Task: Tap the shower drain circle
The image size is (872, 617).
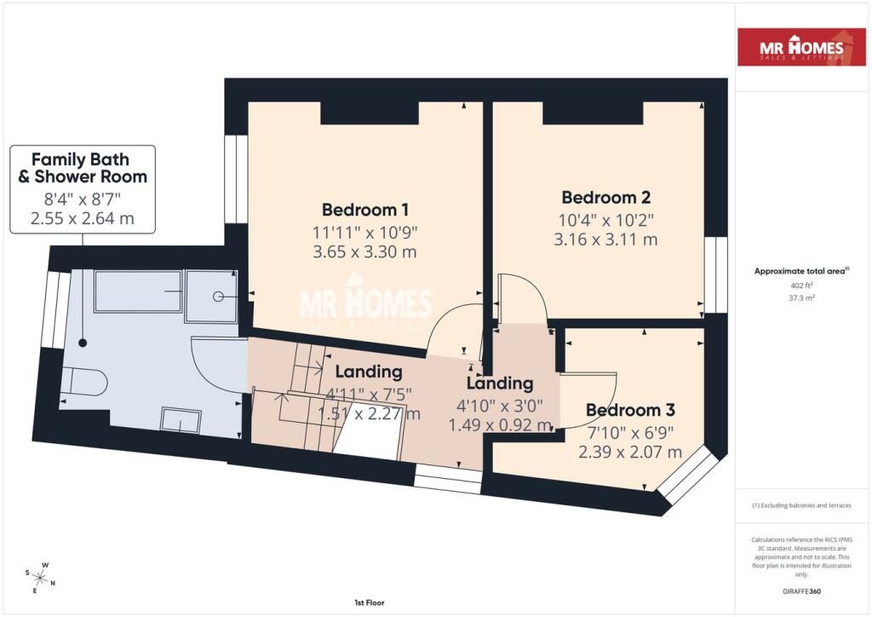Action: (219, 296)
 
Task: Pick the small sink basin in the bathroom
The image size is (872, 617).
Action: (181, 420)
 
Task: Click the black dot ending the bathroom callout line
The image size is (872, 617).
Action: (83, 343)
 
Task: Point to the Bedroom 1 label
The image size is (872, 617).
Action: (366, 210)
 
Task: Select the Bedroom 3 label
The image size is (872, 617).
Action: (623, 410)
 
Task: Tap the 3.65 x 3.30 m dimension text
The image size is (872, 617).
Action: (366, 252)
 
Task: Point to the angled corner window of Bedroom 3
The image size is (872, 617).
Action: (689, 472)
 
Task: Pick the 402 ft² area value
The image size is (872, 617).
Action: (801, 285)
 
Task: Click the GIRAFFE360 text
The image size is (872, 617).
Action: (801, 591)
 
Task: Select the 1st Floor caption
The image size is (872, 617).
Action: (367, 603)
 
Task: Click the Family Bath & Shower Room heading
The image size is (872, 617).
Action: (83, 168)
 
